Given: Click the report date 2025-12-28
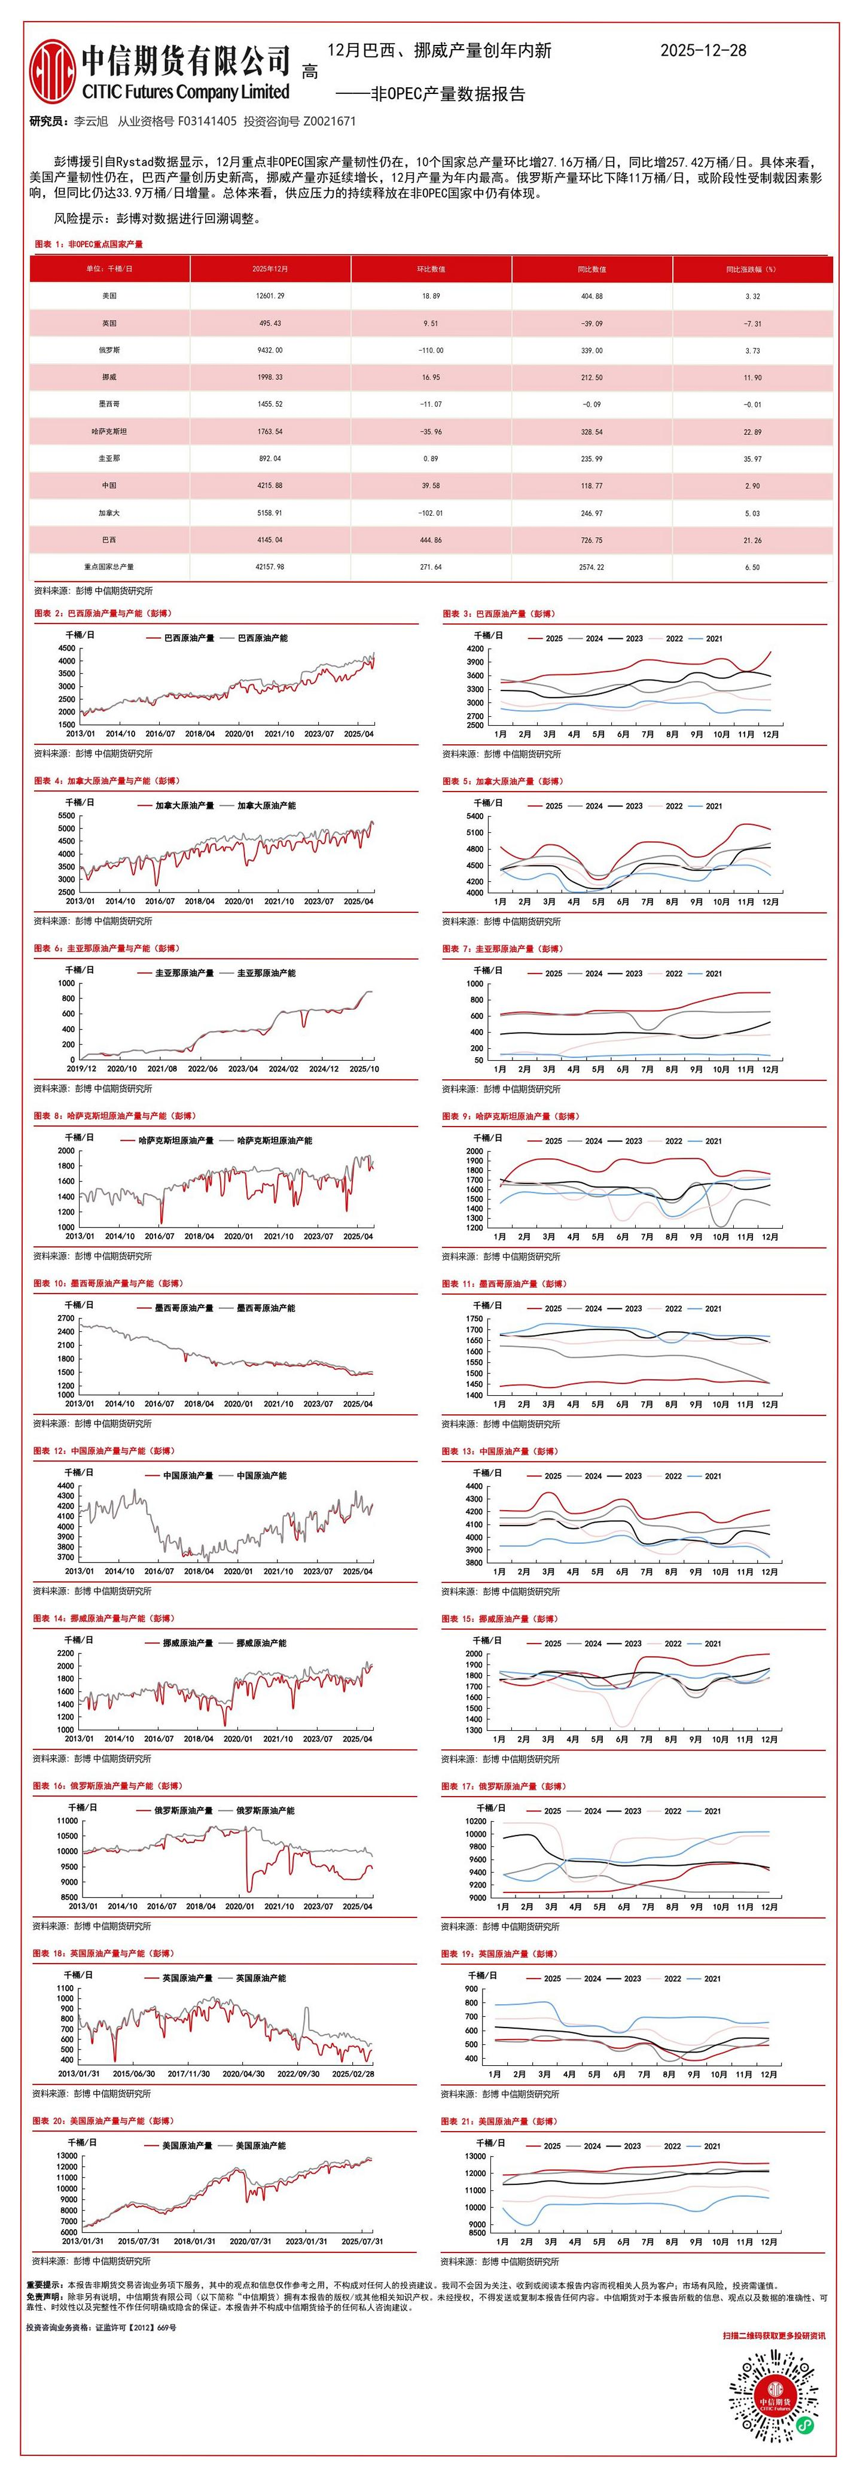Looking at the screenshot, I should click(x=703, y=51).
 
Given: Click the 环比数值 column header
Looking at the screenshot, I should click(x=430, y=269).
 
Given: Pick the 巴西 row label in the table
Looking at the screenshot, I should click(x=109, y=540).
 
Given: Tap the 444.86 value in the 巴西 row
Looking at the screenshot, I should click(x=430, y=540).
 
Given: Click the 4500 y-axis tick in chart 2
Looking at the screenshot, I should click(x=66, y=649).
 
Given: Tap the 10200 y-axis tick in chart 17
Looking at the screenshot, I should click(x=475, y=1821).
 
